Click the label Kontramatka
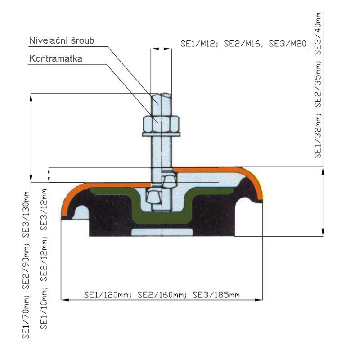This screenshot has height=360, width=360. (x=56, y=59)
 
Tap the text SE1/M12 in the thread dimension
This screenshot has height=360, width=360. (x=193, y=44)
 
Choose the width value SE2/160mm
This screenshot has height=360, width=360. (x=161, y=295)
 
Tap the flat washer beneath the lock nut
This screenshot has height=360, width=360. (x=161, y=134)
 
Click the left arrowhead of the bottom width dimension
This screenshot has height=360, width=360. (x=63, y=299)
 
